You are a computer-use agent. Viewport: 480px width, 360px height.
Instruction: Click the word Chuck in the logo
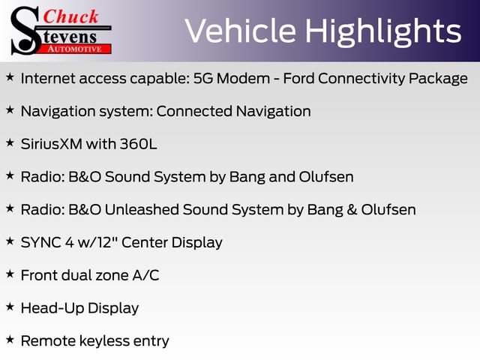[70, 16]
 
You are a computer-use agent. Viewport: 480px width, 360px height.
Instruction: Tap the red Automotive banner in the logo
[75, 49]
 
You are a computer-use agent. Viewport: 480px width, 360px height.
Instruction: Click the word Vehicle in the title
[241, 31]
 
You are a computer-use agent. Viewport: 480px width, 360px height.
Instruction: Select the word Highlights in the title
[383, 32]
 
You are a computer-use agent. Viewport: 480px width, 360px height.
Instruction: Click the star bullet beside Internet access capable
[10, 77]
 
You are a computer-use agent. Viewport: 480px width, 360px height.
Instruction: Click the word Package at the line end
[438, 79]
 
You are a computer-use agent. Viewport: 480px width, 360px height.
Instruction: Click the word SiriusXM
[52, 144]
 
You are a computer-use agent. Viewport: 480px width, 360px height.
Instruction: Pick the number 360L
[138, 144]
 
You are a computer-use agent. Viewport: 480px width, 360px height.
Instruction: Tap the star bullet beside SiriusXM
[10, 142]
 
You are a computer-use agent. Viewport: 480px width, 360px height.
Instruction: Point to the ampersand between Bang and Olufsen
[352, 210]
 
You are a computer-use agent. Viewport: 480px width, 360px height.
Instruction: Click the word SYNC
[41, 242]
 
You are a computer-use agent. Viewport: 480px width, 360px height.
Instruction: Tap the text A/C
[145, 275]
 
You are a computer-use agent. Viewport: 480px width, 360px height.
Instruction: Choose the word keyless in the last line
[104, 341]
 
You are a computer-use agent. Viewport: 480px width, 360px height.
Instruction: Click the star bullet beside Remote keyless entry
[10, 340]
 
